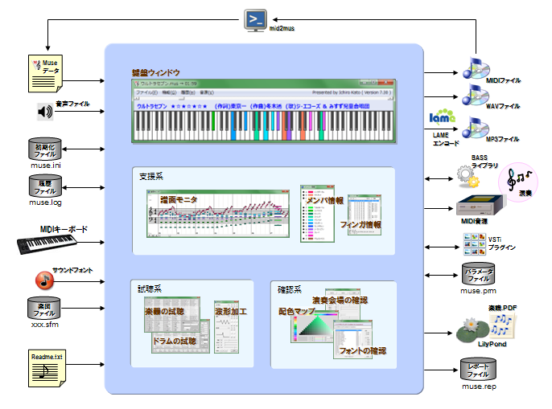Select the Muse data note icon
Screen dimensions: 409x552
pyautogui.click(x=44, y=73)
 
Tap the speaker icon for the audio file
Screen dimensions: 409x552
pyautogui.click(x=44, y=111)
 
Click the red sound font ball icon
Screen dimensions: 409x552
pyautogui.click(x=44, y=280)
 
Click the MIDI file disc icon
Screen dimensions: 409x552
pyautogui.click(x=472, y=71)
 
